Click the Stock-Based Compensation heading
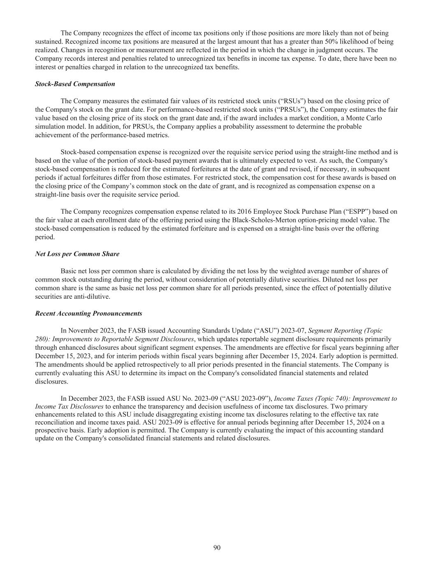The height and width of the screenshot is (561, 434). pyautogui.click(x=75, y=84)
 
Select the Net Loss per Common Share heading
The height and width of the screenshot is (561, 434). pyautogui.click(x=77, y=254)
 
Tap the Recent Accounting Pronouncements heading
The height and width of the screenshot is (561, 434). pyautogui.click(x=88, y=314)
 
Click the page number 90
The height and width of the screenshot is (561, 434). pyautogui.click(x=217, y=547)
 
